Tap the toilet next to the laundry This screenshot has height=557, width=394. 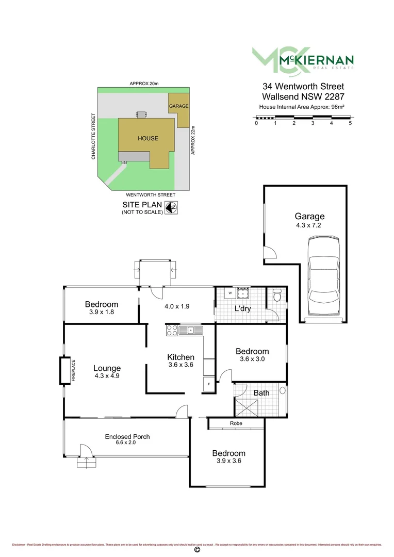click(x=277, y=296)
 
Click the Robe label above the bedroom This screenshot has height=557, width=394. click(x=237, y=424)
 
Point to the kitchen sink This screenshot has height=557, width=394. click(x=190, y=330)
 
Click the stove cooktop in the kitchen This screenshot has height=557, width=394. click(x=171, y=330)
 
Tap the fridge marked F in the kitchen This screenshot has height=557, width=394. click(x=209, y=385)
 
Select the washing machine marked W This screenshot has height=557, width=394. click(x=230, y=293)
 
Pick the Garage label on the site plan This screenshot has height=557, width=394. click(x=178, y=106)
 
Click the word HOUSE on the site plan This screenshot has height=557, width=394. click(x=147, y=138)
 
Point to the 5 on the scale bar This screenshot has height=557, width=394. click(x=350, y=123)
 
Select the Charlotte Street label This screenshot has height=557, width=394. click(x=93, y=136)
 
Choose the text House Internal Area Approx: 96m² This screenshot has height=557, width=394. click(x=302, y=107)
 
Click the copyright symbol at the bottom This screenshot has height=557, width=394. click(x=196, y=551)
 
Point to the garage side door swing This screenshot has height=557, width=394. click(x=270, y=253)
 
